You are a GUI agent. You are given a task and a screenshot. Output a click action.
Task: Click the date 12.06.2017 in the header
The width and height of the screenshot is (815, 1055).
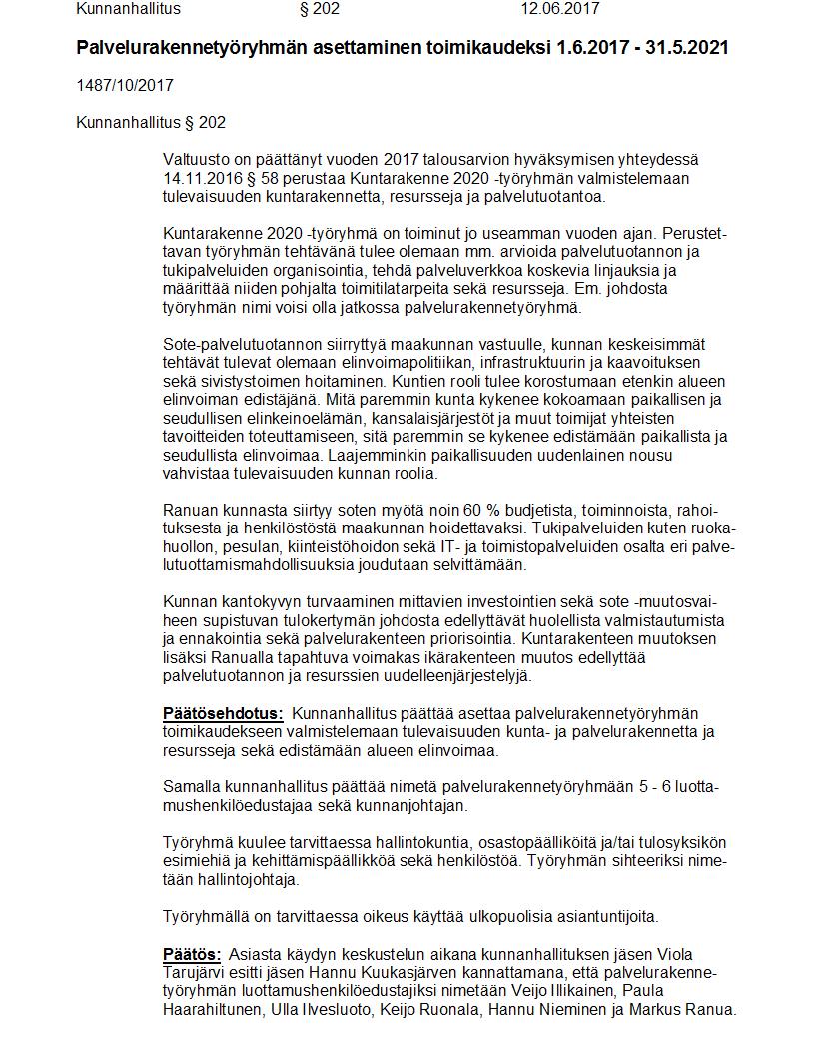559,9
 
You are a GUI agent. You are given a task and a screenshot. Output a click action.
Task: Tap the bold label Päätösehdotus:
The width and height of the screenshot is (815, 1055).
223,713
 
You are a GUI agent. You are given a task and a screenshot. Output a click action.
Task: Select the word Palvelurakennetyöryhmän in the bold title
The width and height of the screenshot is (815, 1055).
181,48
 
